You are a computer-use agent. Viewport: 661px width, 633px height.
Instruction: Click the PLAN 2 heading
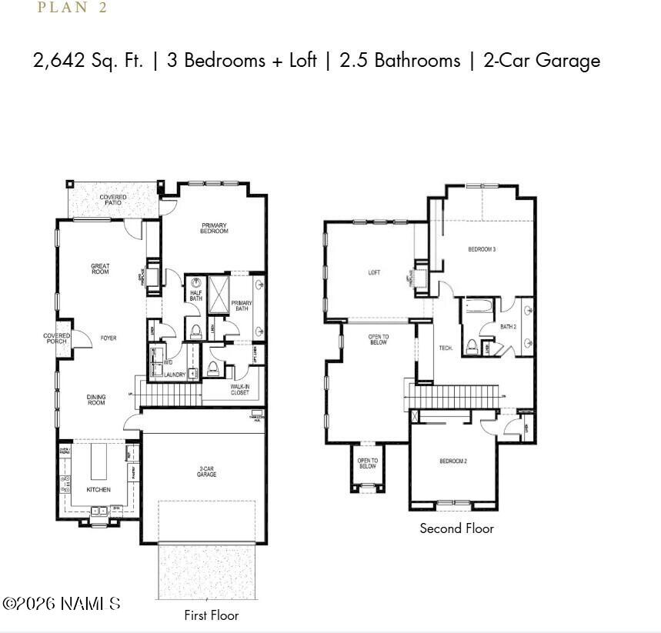(72, 8)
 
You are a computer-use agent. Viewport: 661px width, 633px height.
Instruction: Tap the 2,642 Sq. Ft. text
(88, 61)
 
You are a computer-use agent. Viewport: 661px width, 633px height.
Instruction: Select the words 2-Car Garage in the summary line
(542, 61)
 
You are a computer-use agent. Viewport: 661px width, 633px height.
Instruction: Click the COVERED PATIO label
(113, 200)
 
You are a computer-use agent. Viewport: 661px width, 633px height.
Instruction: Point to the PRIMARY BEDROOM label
(214, 228)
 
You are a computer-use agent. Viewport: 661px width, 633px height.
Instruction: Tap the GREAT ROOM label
(100, 269)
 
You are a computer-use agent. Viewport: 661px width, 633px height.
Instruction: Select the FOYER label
(108, 338)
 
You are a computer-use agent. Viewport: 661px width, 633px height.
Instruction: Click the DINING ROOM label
(96, 400)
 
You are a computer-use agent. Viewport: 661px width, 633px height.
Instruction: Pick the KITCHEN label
(98, 490)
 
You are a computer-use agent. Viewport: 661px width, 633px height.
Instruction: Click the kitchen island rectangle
(99, 461)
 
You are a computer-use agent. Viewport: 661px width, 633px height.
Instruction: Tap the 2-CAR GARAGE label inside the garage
(206, 471)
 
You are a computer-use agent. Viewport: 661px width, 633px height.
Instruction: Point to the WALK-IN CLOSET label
(240, 389)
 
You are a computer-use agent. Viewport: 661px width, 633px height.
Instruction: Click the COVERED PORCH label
(56, 338)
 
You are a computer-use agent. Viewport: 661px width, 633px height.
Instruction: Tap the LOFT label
(374, 272)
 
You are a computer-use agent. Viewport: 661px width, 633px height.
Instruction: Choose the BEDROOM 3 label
(482, 250)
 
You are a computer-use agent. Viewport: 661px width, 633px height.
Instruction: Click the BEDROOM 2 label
(453, 461)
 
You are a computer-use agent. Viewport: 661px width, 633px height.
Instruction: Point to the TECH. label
(446, 348)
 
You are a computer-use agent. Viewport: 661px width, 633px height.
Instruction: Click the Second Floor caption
(456, 528)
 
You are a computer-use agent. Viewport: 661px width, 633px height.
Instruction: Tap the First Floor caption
(211, 615)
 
